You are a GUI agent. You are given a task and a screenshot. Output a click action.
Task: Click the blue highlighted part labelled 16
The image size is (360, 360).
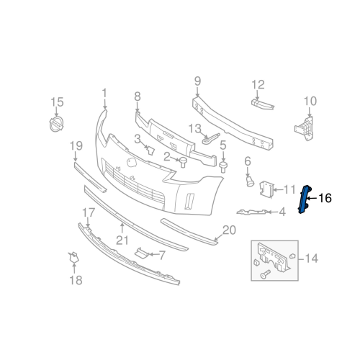click(305, 199)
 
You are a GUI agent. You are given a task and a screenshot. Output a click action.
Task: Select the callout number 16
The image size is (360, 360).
click(325, 199)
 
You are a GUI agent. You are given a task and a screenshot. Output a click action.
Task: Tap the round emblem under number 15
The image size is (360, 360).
click(56, 125)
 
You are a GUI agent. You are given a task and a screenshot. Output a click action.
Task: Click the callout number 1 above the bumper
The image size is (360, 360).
click(104, 94)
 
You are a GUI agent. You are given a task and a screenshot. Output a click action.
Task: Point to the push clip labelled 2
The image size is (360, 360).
click(183, 162)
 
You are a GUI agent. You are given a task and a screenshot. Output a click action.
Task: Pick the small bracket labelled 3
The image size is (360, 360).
click(150, 150)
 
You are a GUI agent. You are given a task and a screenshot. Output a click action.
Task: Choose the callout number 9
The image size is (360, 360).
click(197, 81)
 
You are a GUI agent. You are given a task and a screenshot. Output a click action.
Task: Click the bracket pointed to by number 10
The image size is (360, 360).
click(305, 129)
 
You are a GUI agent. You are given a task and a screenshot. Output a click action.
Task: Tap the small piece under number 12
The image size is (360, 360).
click(263, 104)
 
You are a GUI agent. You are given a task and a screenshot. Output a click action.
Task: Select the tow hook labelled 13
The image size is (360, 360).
click(210, 138)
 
